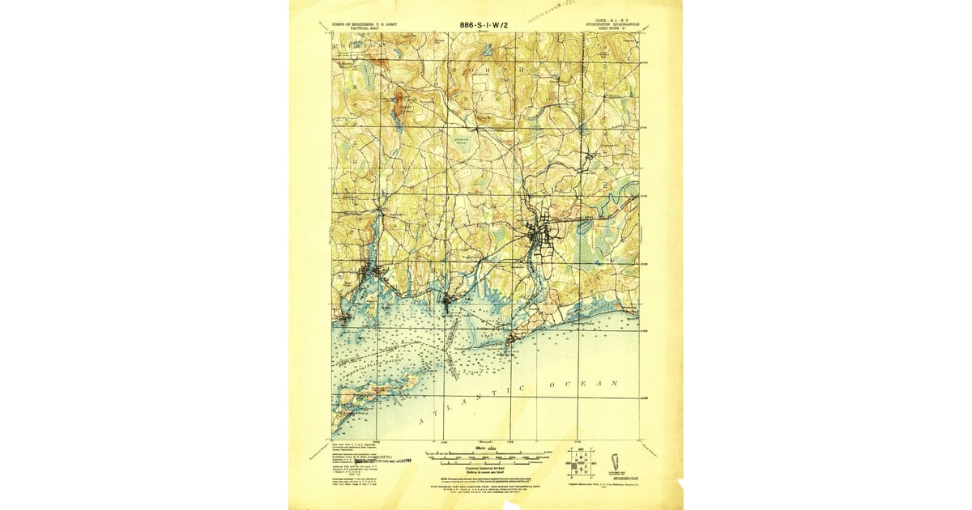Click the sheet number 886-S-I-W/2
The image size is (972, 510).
point(484,24)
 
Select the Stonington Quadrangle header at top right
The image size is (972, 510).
point(612,25)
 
